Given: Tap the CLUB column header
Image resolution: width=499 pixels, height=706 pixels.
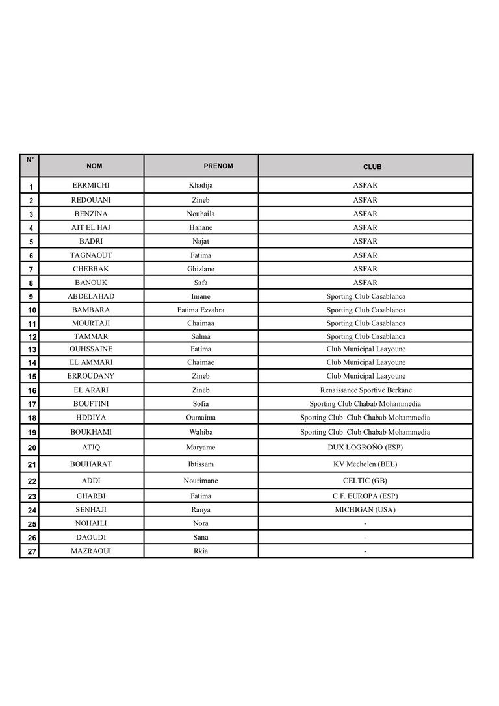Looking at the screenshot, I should [x=372, y=167].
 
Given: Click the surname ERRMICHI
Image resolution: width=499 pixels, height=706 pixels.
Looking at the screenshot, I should [x=91, y=186].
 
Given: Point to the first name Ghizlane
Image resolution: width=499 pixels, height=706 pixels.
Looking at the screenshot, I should [x=201, y=269].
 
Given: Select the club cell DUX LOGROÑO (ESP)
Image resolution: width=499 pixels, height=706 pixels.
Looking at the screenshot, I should [x=365, y=448].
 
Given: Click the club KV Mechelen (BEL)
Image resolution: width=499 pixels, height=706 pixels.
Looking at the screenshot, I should [x=365, y=464].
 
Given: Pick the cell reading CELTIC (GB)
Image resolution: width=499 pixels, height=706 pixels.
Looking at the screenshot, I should [x=365, y=481].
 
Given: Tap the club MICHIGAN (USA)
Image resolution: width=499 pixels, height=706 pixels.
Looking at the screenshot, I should [x=365, y=510].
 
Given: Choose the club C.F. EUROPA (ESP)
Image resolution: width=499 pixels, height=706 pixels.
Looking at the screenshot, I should [x=365, y=496].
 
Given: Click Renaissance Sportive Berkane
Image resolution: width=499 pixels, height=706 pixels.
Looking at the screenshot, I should [x=366, y=390].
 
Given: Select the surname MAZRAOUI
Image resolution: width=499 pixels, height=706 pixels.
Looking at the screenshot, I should [x=91, y=551].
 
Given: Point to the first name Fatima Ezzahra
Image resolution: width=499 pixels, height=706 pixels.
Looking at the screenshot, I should [x=201, y=310].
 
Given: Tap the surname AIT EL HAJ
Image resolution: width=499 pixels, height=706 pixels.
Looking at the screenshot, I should [x=91, y=228].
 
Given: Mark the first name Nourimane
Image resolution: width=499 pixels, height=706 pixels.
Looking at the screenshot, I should [x=201, y=481].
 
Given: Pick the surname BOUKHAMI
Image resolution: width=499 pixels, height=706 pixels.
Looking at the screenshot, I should [x=91, y=432].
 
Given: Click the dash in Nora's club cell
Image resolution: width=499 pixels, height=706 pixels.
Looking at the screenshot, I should [x=365, y=523].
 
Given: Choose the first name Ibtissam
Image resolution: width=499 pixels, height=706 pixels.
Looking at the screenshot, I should [x=201, y=464].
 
